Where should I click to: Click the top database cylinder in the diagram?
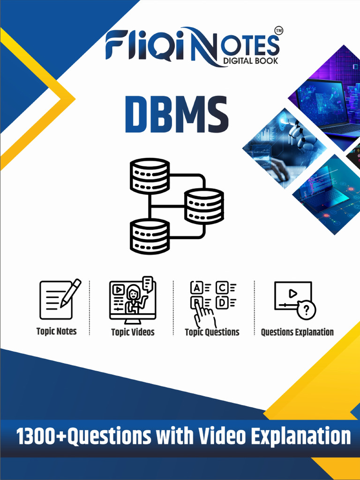150,176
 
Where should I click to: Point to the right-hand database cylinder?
204,206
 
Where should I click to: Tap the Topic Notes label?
56,331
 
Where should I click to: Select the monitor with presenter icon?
133,300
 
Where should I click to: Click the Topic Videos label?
133,332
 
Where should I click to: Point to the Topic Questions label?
212,332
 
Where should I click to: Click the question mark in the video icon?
307,310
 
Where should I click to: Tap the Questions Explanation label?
297,332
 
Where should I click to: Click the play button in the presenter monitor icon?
118,290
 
